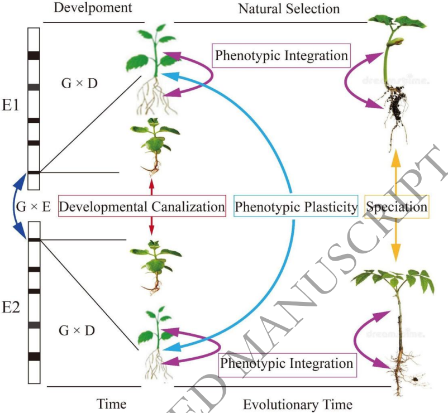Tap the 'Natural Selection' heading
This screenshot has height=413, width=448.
[289, 8]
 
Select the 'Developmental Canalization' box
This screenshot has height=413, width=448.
[142, 207]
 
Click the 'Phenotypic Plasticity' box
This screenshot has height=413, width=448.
[296, 207]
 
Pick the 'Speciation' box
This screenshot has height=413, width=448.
[397, 207]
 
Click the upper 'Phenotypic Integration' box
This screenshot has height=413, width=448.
[282, 56]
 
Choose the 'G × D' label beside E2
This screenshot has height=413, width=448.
[77, 330]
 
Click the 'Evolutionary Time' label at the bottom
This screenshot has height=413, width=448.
[298, 404]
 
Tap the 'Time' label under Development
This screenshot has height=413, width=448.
[111, 404]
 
